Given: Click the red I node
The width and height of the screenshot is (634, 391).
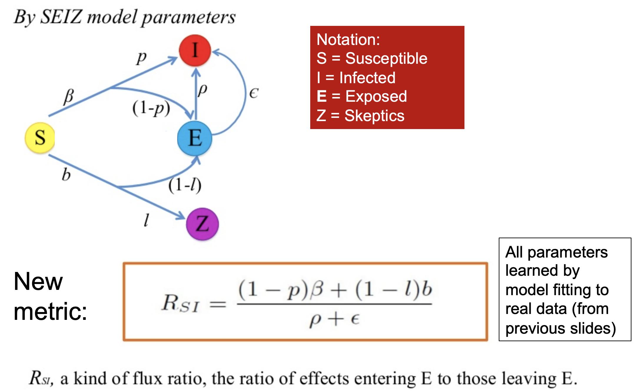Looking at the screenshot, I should (195, 50).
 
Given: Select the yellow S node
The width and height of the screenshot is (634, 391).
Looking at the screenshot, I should (40, 138).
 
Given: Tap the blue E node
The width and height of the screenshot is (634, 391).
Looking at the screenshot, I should (195, 138).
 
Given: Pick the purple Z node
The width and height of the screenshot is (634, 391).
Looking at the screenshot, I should (203, 224).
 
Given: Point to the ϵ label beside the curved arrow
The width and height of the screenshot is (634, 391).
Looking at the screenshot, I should (253, 93).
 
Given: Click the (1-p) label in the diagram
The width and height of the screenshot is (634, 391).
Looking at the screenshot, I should (151, 108).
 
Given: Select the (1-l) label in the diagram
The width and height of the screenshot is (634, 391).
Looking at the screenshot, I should (185, 185).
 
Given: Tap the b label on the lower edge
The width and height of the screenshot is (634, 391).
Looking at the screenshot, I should (66, 175).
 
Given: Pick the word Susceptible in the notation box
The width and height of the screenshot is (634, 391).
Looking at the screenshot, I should (386, 58).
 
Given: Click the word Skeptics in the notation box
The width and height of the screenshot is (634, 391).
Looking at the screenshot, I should (374, 116).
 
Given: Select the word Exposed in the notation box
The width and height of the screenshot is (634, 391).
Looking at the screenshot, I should (376, 96).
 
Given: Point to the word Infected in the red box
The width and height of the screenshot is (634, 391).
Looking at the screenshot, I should (367, 78).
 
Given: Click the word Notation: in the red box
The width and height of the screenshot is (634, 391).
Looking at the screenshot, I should (348, 39).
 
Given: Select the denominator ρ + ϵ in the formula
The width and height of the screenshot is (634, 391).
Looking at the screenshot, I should (334, 320).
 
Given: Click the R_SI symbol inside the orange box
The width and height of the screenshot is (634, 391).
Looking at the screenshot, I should (180, 303).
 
